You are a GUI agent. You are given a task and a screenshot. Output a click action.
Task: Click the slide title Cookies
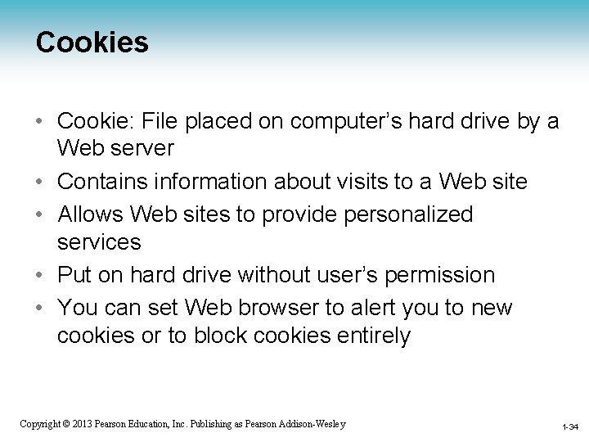coord(92,42)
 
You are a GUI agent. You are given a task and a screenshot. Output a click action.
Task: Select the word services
coord(99,242)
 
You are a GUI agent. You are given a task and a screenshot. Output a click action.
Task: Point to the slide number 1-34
coord(569,426)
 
